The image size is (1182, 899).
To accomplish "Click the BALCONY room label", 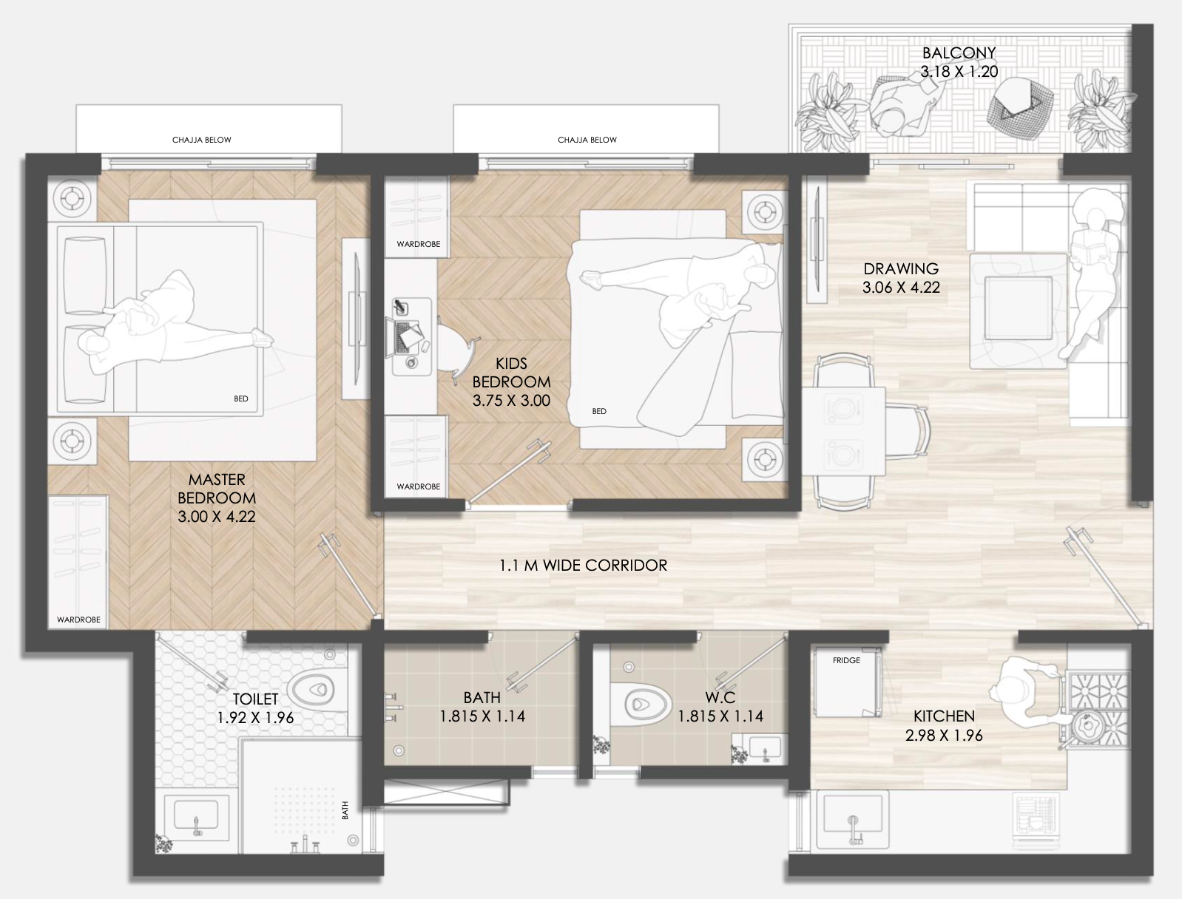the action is click(959, 52).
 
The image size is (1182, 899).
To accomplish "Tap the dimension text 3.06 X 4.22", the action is click(901, 288).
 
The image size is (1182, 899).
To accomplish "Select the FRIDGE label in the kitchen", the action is click(846, 660).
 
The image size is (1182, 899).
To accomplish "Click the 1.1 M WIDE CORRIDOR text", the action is click(583, 566).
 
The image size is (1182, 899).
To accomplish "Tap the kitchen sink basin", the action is click(853, 821).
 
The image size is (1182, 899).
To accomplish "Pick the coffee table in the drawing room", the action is click(1019, 308).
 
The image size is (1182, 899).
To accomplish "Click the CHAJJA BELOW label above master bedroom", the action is click(201, 140).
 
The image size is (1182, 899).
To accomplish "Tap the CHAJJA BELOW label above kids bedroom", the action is click(587, 140).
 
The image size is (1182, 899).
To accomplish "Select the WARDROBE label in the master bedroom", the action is click(78, 620).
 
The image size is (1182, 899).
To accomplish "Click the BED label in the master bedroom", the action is click(240, 398).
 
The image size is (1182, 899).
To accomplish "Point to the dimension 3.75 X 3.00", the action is click(511, 401).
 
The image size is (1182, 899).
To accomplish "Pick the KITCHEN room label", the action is click(944, 716).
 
